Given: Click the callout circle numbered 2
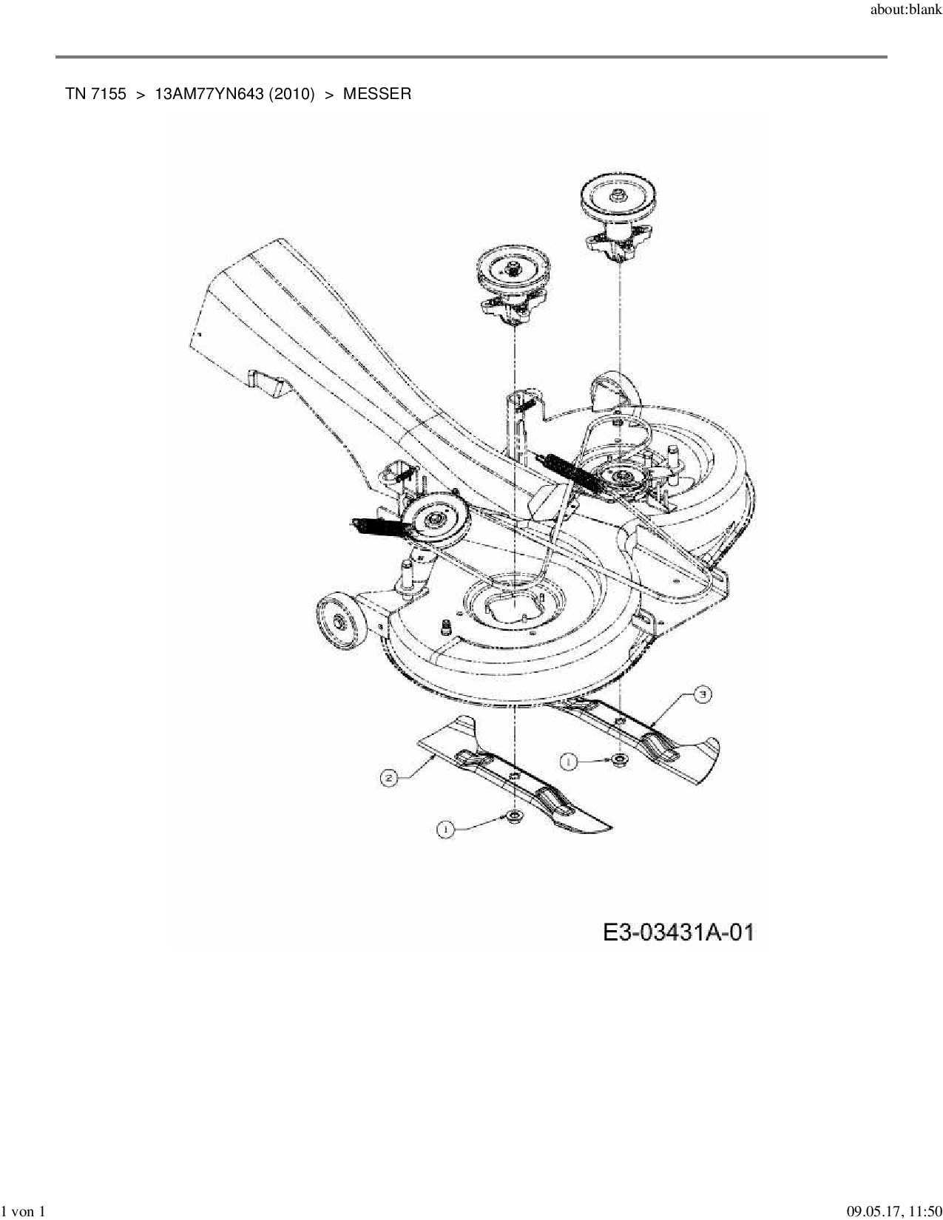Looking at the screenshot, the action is pyautogui.click(x=389, y=777).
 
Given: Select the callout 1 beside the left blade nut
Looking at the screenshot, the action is pyautogui.click(x=445, y=830).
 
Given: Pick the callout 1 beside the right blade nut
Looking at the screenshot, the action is pyautogui.click(x=569, y=761).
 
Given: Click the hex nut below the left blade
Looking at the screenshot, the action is pyautogui.click(x=512, y=816).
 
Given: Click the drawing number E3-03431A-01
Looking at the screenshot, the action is pyautogui.click(x=678, y=932).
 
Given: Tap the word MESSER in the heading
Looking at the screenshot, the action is pyautogui.click(x=376, y=94).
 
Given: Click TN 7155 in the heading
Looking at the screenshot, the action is pyautogui.click(x=95, y=94).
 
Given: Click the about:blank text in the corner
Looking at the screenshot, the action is pyautogui.click(x=906, y=10).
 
